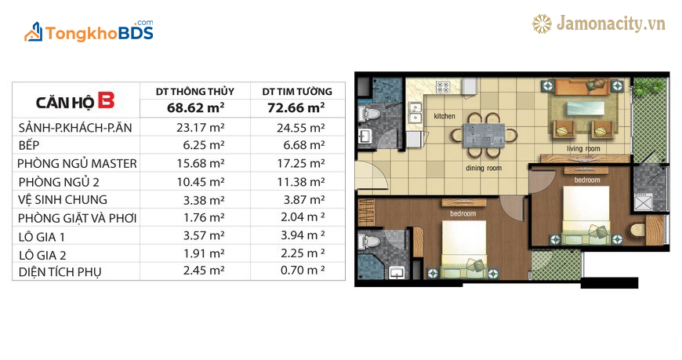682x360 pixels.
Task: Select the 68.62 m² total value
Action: pos(196,107)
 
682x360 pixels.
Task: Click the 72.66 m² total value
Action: pos(296,107)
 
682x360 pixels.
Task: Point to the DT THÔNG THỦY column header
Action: pos(195,92)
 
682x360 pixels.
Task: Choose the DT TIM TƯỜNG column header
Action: pos(297,92)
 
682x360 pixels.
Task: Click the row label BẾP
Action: pos(29,145)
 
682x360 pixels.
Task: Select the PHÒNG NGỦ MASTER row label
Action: pos(77,164)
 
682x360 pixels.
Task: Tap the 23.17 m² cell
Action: pos(201,128)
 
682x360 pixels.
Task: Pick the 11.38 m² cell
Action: pos(301,182)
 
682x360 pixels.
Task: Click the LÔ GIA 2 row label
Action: pos(42,255)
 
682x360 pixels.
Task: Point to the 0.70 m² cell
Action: pos(303,271)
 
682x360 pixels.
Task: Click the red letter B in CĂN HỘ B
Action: pos(106,100)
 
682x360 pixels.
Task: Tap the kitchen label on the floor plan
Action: pos(444,116)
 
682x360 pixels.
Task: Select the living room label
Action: pos(583,149)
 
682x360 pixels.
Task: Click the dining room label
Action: pos(484,168)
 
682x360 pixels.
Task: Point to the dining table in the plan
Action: pos(484,136)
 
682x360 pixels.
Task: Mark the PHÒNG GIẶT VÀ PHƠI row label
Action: pos(78,218)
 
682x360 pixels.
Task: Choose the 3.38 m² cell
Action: pos(204,200)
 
